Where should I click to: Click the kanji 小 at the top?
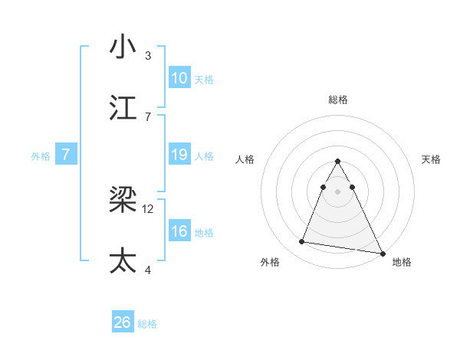coord(123,47)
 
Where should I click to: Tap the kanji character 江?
coord(123,108)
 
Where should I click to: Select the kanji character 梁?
coord(123,201)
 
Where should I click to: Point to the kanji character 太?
coord(123,261)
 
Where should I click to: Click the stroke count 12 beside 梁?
coord(148,208)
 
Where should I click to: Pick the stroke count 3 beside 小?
coord(148,55)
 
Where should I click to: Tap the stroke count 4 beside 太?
coord(148,270)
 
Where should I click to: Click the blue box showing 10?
coord(179,78)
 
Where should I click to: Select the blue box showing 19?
coord(179,155)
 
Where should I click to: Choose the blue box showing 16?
coord(179,231)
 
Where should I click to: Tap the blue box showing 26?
coord(123,322)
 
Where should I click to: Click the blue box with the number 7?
coord(66,155)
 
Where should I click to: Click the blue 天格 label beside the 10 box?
coord(204,79)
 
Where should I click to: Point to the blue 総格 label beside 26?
coord(147,324)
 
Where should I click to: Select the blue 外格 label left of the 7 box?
coord(41,155)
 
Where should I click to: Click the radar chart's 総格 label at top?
coord(337,100)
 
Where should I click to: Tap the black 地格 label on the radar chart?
coord(402,262)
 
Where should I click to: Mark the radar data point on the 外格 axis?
coord(302,242)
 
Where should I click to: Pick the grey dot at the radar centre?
coord(337,189)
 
